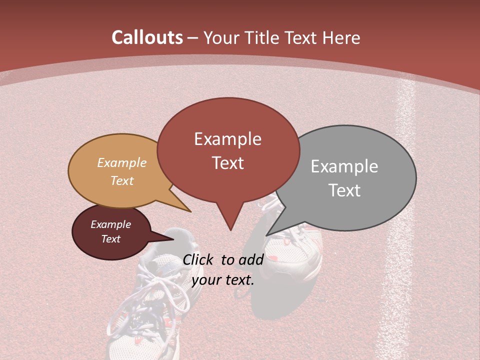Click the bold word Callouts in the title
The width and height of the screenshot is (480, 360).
tap(147, 37)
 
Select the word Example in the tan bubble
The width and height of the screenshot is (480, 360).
tap(122, 162)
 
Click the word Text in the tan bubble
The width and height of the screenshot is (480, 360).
tap(122, 180)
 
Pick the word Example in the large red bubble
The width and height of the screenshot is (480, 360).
tap(227, 139)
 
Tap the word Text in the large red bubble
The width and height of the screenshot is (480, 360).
tap(227, 163)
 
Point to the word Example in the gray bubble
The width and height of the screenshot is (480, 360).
tap(344, 166)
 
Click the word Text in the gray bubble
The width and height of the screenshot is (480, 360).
tap(344, 190)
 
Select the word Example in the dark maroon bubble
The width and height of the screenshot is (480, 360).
tap(110, 224)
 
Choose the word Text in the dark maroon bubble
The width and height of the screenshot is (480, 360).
tap(110, 239)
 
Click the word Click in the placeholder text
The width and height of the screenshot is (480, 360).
tap(199, 259)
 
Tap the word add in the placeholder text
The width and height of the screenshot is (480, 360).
tap(251, 259)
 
